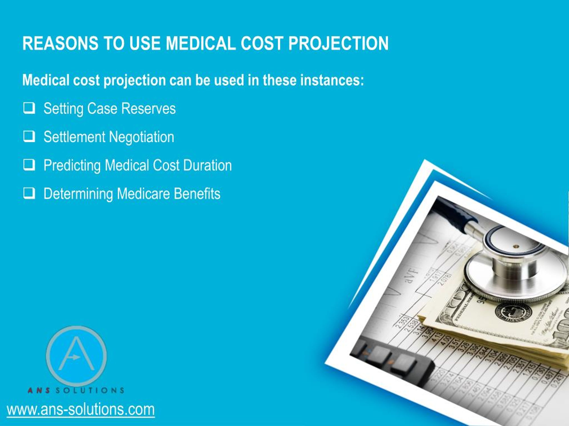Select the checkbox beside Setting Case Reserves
(x=29, y=108)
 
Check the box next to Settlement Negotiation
(x=29, y=137)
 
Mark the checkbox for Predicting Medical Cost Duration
(x=29, y=165)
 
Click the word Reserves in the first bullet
(x=148, y=108)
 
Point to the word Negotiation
(x=142, y=137)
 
